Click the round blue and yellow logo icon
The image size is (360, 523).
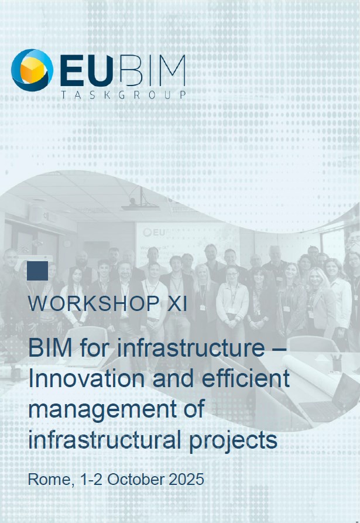32,70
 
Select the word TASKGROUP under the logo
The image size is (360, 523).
124,94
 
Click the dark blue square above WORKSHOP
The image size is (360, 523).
37,271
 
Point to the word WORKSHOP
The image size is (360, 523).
93,304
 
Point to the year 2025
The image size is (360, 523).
185,479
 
